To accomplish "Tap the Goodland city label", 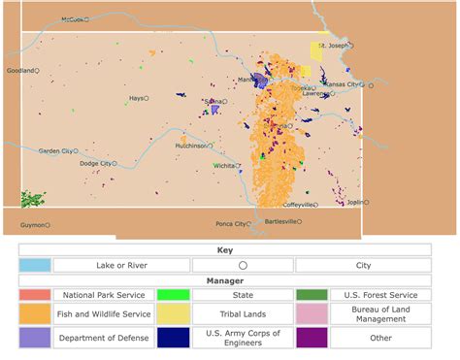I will [x=19, y=71].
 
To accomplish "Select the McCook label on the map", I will [x=73, y=19].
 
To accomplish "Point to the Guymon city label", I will [x=32, y=225].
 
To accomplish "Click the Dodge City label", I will [x=94, y=164].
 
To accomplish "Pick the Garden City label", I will [x=54, y=151].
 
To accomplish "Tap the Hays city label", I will [x=136, y=98].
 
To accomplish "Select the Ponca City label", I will [x=230, y=224].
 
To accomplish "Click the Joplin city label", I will [x=354, y=203].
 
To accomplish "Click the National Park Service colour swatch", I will [x=35, y=294].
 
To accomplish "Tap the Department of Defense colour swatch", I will [x=35, y=337].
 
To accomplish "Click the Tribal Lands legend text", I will [x=239, y=315].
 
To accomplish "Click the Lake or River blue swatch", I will [x=35, y=265].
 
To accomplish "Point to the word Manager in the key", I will [x=224, y=279].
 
